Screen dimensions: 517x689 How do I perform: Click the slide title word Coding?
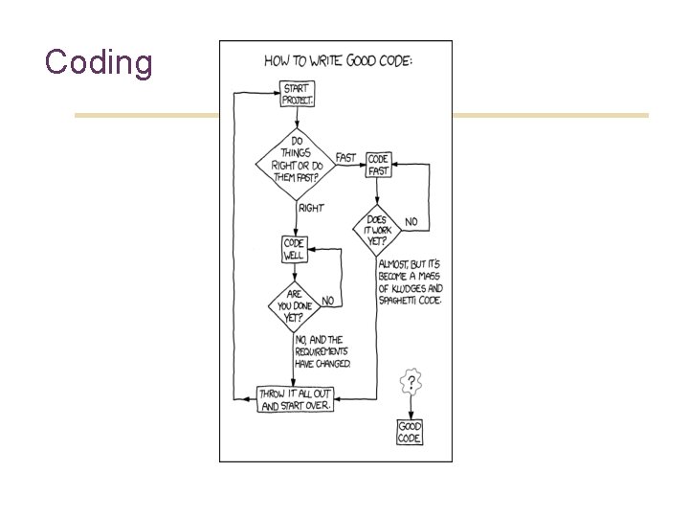pos(99,62)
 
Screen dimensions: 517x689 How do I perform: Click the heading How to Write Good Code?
pos(340,60)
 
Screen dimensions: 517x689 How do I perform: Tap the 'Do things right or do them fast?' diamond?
pos(295,163)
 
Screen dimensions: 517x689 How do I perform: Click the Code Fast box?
pos(379,165)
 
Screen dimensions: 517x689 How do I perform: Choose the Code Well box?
pos(294,249)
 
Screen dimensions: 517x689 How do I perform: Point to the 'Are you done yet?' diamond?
pos(294,306)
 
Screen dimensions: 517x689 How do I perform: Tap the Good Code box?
pos(410,432)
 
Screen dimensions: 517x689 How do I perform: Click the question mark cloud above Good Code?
pos(411,383)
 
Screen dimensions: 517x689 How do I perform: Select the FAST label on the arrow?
pos(345,158)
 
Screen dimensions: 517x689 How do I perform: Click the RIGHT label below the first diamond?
pos(311,208)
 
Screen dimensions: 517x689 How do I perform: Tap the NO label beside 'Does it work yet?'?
pos(411,222)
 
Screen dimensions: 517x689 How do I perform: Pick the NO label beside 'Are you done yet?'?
pos(328,301)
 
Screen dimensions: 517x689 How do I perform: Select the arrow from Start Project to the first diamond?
pos(298,117)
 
